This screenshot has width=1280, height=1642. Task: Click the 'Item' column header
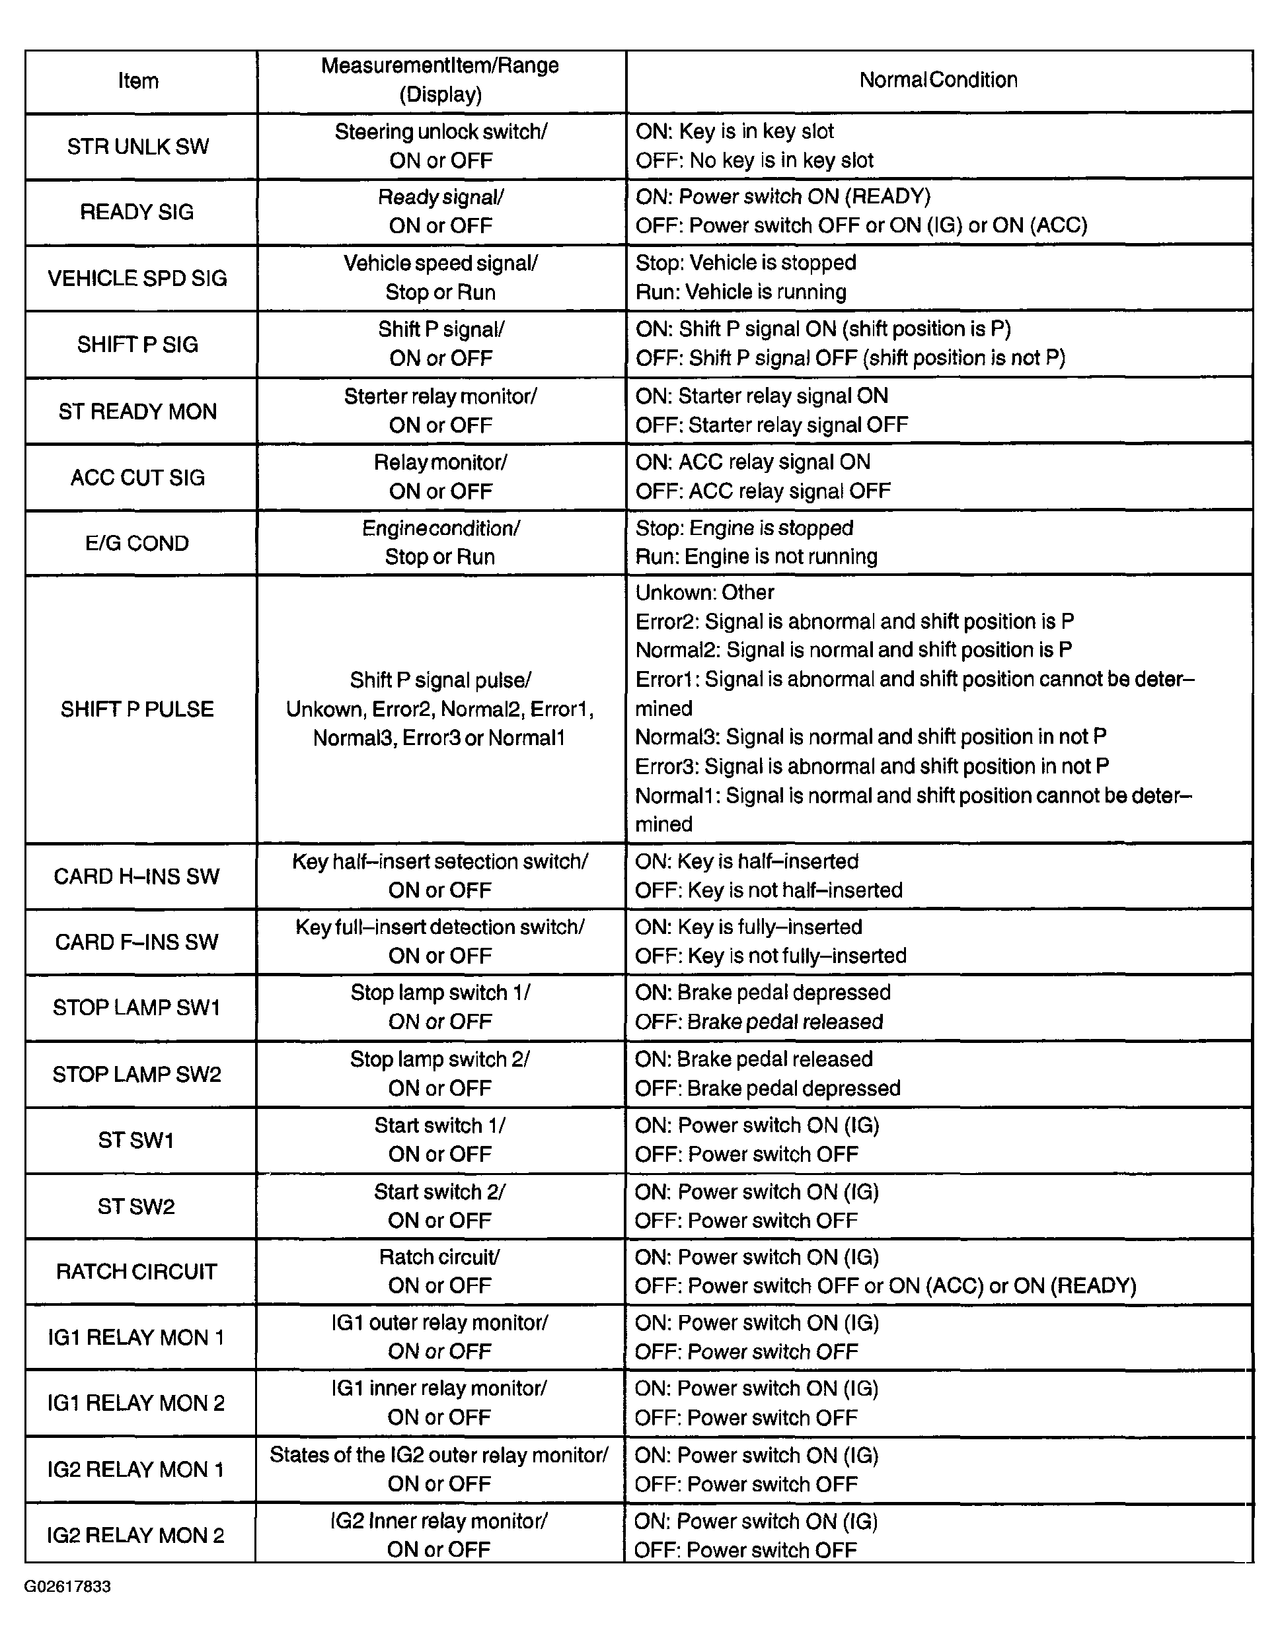pos(138,81)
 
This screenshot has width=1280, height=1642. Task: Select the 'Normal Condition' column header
pos(938,80)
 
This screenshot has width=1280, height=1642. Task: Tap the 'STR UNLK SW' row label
pos(138,147)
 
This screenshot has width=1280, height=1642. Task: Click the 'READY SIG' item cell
pos(137,212)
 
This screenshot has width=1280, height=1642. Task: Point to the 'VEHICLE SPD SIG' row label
pos(137,278)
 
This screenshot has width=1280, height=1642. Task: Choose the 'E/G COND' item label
pos(137,543)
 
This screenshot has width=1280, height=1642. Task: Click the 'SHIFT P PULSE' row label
pos(137,709)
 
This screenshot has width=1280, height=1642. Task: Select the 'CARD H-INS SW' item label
pos(137,876)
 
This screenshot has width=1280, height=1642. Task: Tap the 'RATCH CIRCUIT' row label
pos(137,1271)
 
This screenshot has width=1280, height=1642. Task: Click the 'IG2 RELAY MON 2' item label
pos(136,1535)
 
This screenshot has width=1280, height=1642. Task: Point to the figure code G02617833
pos(67,1587)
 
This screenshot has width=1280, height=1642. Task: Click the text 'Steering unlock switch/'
pos(441,131)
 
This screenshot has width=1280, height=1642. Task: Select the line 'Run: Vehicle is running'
pos(741,292)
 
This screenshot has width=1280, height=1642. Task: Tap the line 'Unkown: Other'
pos(704,592)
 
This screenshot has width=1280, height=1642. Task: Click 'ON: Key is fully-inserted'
pos(748,927)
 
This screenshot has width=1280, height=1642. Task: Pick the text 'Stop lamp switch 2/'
pos(440,1059)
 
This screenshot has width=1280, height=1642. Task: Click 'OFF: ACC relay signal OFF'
pos(763,491)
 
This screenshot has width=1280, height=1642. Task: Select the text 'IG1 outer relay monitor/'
pos(440,1322)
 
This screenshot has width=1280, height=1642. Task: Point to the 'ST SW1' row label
pos(136,1140)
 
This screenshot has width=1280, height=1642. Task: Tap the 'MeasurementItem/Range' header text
pos(440,65)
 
